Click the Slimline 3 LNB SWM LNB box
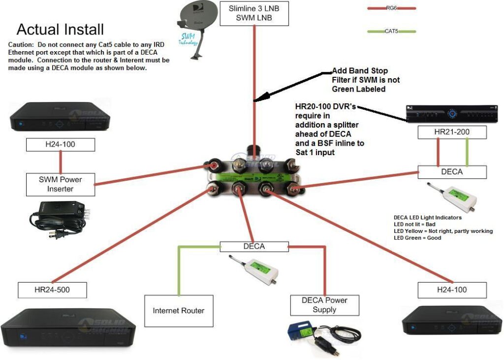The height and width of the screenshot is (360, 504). point(254,13)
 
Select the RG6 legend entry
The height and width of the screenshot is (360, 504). point(392,8)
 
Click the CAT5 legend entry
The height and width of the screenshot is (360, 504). point(392,32)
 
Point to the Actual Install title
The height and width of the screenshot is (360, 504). point(60,30)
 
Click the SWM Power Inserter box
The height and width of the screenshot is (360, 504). point(60,184)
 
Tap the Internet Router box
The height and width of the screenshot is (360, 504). point(179,311)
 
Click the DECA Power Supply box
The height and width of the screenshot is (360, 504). point(324,305)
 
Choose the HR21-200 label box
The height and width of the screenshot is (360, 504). point(452,132)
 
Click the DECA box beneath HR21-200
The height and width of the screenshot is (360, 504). point(452,172)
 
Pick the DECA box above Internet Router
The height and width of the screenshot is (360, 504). point(254,247)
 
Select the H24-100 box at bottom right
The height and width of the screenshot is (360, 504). point(452,290)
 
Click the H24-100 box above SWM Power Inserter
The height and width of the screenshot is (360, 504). point(60,145)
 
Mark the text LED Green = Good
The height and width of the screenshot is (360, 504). point(417,238)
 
